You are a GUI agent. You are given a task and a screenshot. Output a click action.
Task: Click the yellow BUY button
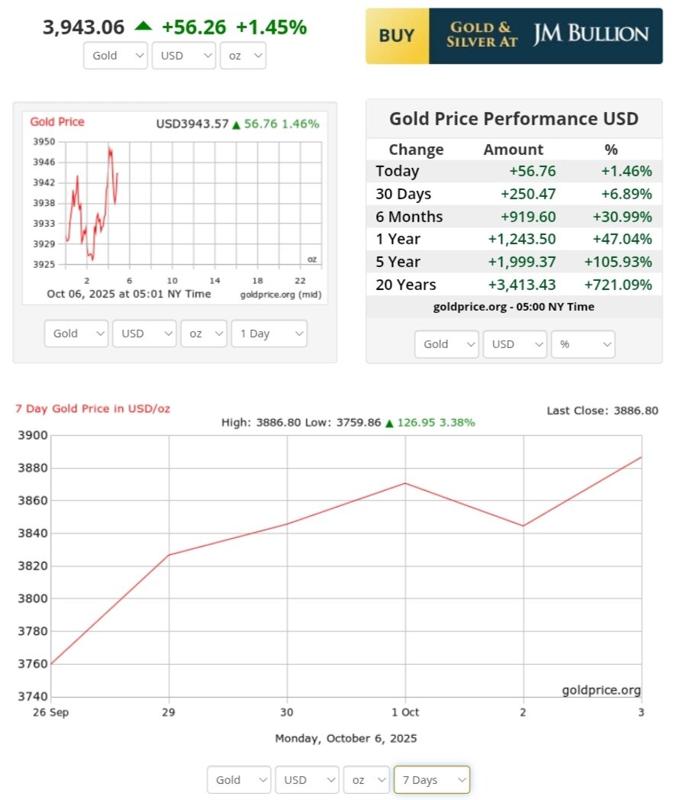pyautogui.click(x=397, y=36)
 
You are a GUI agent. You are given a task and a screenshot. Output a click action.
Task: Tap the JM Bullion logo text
pyautogui.click(x=591, y=34)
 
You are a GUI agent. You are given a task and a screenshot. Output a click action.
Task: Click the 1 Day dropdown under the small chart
pyautogui.click(x=269, y=334)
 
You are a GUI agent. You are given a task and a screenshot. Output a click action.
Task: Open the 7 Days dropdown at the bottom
pyautogui.click(x=431, y=779)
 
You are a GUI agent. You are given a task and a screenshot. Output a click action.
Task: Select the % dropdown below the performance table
pyautogui.click(x=583, y=344)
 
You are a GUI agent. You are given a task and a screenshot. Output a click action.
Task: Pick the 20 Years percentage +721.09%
pyautogui.click(x=618, y=285)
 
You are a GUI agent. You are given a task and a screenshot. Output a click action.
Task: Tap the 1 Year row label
pyautogui.click(x=398, y=239)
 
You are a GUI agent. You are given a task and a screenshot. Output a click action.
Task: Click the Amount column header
pyautogui.click(x=514, y=150)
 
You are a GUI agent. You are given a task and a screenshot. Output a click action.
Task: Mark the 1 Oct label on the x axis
pyautogui.click(x=405, y=712)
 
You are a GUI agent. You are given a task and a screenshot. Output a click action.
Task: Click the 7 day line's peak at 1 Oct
pyautogui.click(x=405, y=483)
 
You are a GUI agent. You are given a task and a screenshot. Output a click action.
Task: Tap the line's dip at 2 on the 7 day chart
pyautogui.click(x=523, y=526)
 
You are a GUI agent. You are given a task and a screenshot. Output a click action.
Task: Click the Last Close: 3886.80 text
pyautogui.click(x=602, y=411)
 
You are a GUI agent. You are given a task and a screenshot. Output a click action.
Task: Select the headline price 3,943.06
pyautogui.click(x=83, y=27)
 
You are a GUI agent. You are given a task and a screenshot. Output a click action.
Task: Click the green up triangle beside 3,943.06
pyautogui.click(x=143, y=26)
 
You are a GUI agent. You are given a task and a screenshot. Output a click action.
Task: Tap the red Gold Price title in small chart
pyautogui.click(x=57, y=122)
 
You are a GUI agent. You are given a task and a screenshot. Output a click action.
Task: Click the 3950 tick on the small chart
pyautogui.click(x=44, y=142)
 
